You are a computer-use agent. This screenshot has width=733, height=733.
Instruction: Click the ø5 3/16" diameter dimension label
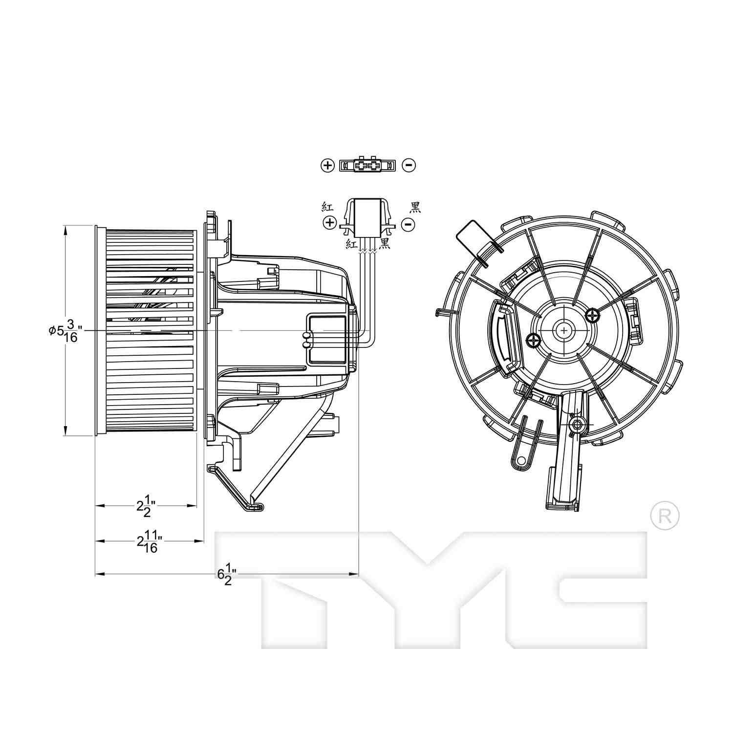click(64, 331)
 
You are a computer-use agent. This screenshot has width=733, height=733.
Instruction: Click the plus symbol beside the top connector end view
click(327, 165)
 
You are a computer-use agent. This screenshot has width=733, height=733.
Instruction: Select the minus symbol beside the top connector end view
click(409, 165)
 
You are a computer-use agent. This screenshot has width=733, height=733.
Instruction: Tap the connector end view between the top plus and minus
click(367, 165)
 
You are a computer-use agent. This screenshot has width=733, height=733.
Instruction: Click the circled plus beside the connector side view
click(330, 223)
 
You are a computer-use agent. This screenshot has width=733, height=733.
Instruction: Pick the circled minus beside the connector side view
click(408, 224)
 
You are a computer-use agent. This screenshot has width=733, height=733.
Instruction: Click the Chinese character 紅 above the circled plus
click(327, 206)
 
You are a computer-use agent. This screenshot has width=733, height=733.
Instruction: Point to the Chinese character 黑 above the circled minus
click(415, 208)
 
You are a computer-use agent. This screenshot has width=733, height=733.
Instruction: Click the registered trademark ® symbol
click(665, 516)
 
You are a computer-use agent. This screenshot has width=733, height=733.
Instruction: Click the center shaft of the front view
click(565, 331)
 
